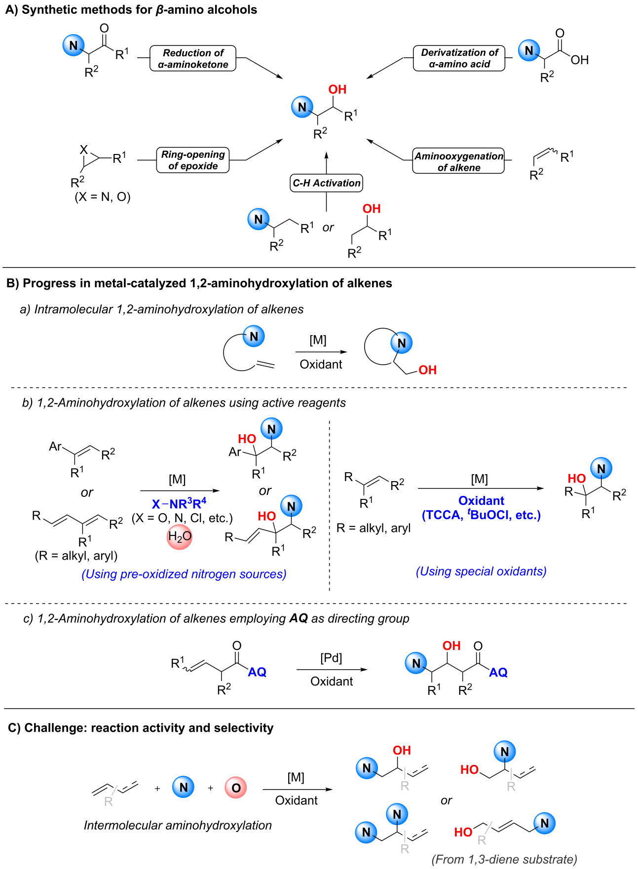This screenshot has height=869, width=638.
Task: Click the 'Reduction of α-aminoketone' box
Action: pyautogui.click(x=193, y=58)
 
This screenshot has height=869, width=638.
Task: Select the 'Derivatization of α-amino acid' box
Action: pyautogui.click(x=459, y=58)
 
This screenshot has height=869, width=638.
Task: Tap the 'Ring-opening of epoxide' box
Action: pyautogui.click(x=193, y=160)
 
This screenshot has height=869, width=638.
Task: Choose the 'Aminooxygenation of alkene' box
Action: pyautogui.click(x=459, y=161)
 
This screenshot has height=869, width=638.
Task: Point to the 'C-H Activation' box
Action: pyautogui.click(x=327, y=183)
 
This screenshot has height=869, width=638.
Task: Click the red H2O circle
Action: pyautogui.click(x=180, y=536)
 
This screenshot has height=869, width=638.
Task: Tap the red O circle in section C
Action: pyautogui.click(x=236, y=788)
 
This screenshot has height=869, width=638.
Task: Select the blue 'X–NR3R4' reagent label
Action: pyautogui.click(x=179, y=504)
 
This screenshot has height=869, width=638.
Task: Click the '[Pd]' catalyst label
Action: pyautogui.click(x=331, y=658)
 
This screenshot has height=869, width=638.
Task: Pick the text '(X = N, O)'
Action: pyautogui.click(x=103, y=197)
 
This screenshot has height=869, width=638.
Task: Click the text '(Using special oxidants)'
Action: pyautogui.click(x=481, y=571)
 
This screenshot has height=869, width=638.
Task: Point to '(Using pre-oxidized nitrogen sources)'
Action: pyautogui.click(x=184, y=574)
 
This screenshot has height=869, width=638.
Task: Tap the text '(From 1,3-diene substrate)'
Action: pyautogui.click(x=504, y=859)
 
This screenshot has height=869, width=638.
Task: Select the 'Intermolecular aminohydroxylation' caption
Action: pyautogui.click(x=178, y=825)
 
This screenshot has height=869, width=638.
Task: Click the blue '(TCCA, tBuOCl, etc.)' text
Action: pyautogui.click(x=481, y=515)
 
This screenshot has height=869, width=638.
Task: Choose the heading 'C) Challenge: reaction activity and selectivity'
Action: pyautogui.click(x=141, y=728)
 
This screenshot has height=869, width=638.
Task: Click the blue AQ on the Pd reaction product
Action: pyautogui.click(x=498, y=673)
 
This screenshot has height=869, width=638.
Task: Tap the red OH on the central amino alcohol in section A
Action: pyautogui.click(x=338, y=89)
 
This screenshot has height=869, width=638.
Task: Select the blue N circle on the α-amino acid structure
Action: pyautogui.click(x=529, y=50)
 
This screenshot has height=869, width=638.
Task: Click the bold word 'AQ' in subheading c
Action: pyautogui.click(x=299, y=618)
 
